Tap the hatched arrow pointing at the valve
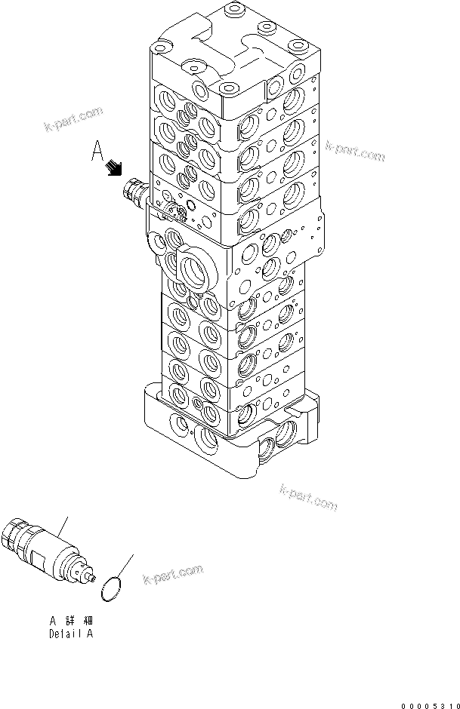(114, 167)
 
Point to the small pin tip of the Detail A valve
(92, 580)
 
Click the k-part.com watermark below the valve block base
(308, 499)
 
